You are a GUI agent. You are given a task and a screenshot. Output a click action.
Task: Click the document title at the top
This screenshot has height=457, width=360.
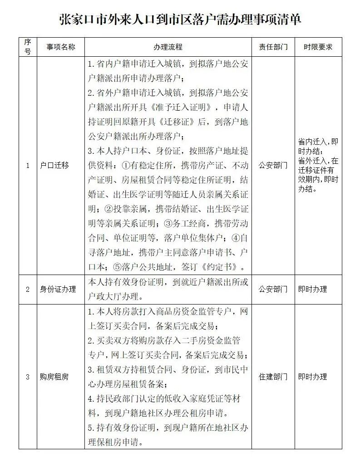(x=180, y=20)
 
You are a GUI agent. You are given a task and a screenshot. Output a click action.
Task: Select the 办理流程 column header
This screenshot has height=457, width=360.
(x=168, y=47)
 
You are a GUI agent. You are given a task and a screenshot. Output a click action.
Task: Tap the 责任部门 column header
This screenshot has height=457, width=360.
(x=273, y=47)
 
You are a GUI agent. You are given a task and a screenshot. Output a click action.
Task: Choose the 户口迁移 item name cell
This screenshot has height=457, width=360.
(x=54, y=166)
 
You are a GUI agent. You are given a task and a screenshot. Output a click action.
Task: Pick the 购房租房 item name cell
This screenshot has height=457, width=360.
(x=54, y=377)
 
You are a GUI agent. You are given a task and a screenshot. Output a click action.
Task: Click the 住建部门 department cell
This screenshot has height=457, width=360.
(x=273, y=377)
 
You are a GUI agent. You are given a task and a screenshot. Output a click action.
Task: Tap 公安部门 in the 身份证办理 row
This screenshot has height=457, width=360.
(x=273, y=289)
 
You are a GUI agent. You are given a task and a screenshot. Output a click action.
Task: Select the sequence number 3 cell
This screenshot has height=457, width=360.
(x=28, y=377)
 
